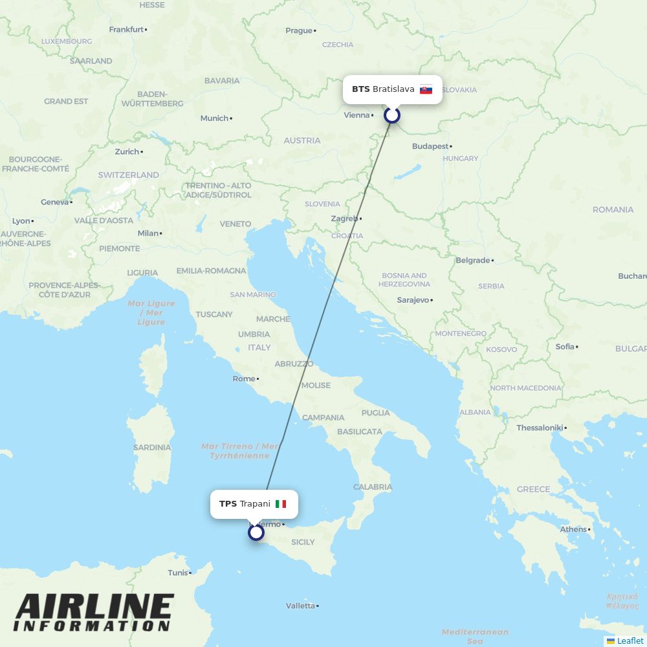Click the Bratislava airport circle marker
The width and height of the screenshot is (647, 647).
(x=392, y=115)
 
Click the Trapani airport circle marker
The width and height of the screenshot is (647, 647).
(x=256, y=532)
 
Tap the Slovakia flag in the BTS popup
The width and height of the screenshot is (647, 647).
(x=426, y=89)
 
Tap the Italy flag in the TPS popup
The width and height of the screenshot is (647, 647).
(x=281, y=504)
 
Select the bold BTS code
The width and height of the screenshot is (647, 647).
(x=361, y=89)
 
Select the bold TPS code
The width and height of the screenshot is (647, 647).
(x=228, y=504)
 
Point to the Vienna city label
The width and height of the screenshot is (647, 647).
(x=356, y=115)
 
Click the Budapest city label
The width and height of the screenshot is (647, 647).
(x=430, y=146)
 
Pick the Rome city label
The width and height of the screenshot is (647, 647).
(x=244, y=378)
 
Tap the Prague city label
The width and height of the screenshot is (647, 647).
(x=299, y=30)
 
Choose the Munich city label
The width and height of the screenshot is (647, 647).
(x=214, y=118)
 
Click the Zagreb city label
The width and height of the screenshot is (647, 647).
(x=344, y=219)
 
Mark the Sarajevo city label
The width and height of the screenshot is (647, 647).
(x=413, y=300)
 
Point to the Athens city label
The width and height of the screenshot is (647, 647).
(x=573, y=529)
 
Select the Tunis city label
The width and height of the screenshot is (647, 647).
(x=177, y=573)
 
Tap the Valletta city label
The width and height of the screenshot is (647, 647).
(x=300, y=606)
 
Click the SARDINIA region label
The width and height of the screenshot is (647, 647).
(x=151, y=447)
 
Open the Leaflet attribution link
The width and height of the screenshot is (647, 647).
(x=630, y=641)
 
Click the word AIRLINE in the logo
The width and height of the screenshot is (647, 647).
(x=94, y=607)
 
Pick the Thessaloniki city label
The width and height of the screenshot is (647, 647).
(x=540, y=428)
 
